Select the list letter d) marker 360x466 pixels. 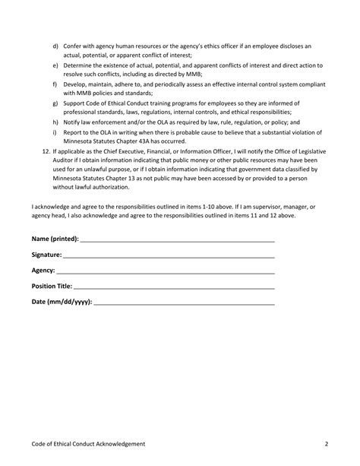pos(55,46)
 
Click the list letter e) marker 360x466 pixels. pos(55,67)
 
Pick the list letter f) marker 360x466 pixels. pos(55,87)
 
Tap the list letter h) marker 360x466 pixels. pos(55,122)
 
